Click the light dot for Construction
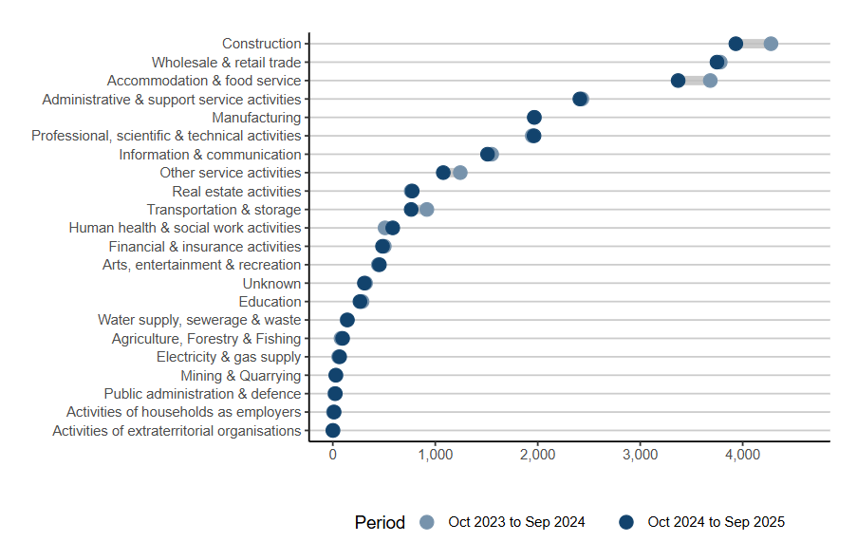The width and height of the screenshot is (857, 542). [771, 44]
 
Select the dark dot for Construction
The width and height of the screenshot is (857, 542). [736, 44]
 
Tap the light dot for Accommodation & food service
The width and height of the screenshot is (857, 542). [710, 81]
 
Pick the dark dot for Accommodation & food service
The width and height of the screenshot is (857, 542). [678, 81]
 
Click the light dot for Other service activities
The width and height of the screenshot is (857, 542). [460, 173]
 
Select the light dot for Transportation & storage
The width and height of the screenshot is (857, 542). [427, 210]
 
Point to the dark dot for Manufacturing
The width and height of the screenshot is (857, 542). [534, 118]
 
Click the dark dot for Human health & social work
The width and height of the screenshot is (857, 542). [393, 228]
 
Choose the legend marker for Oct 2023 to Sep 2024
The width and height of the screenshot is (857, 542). [427, 522]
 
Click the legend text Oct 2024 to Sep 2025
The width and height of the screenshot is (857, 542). [716, 522]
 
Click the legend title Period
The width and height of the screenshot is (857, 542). [380, 522]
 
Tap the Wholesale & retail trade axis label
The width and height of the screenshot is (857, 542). [226, 63]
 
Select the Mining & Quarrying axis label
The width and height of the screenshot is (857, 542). [241, 376]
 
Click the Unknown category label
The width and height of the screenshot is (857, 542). [271, 284]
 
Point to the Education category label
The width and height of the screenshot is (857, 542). [270, 302]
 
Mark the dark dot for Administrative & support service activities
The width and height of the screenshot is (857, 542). [580, 99]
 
